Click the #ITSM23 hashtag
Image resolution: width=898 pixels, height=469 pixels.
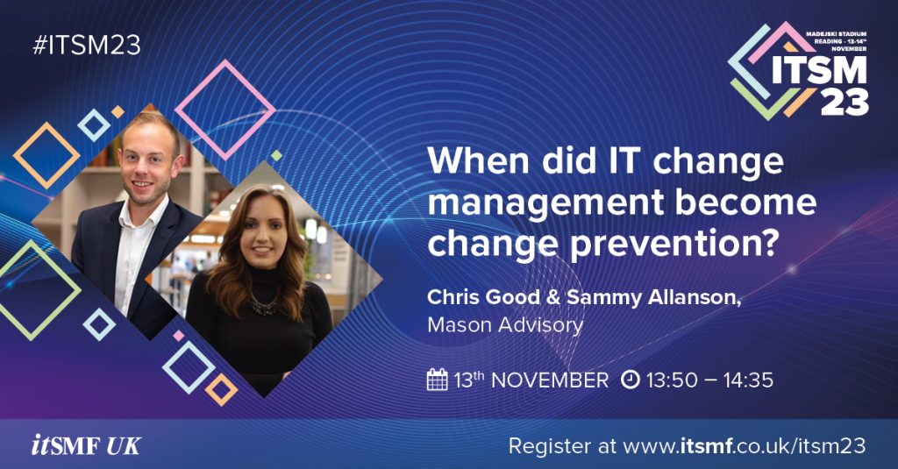point(87,46)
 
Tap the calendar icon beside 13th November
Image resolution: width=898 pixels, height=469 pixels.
point(437,380)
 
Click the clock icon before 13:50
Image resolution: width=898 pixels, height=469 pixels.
point(630,380)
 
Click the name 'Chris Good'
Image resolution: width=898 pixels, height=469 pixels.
point(483,297)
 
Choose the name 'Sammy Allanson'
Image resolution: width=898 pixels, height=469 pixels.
point(653,298)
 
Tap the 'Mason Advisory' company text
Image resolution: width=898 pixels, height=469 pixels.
point(505,324)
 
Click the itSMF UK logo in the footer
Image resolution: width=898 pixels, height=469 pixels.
point(86,445)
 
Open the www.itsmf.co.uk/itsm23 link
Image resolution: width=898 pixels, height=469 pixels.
point(745,445)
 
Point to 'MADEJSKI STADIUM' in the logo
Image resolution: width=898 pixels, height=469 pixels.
point(836,34)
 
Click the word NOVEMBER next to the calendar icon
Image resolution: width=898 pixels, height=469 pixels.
point(550,380)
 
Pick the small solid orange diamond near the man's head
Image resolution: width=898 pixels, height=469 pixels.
point(118,111)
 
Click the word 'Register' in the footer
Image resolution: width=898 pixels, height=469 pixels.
point(542,446)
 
